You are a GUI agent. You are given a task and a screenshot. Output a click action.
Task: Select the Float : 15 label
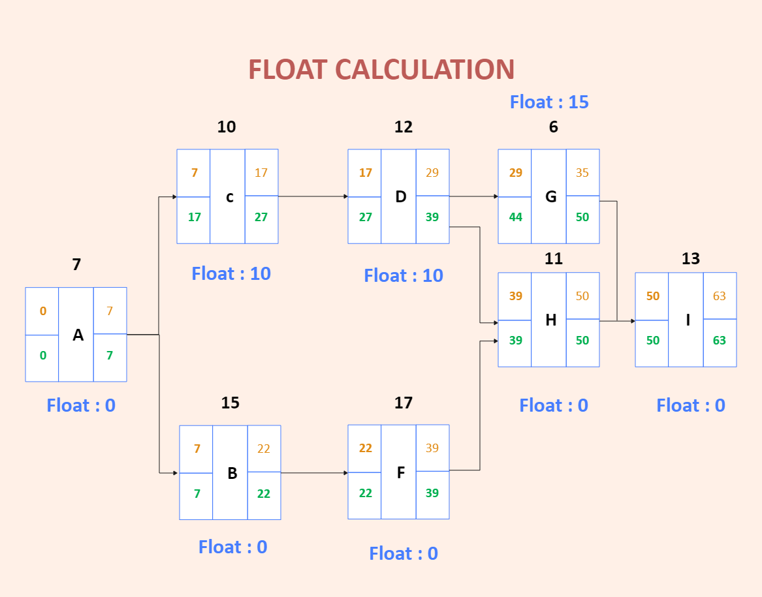[x=549, y=102]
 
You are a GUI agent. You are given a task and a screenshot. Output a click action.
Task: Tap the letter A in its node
[x=78, y=335]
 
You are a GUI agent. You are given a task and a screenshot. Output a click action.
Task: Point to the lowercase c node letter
[x=229, y=196]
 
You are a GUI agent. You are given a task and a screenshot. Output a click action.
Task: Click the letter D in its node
[x=400, y=196]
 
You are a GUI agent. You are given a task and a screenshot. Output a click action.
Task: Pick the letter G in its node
[x=550, y=196]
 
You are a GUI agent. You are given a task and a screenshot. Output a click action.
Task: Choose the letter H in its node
[x=550, y=320]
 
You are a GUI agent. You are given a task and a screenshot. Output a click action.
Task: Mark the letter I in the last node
[x=688, y=320]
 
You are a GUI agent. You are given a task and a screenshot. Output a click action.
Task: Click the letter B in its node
[x=232, y=473]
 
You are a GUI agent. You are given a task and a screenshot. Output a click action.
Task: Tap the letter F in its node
[x=400, y=472]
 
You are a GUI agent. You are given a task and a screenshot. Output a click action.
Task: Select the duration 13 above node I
[x=690, y=259]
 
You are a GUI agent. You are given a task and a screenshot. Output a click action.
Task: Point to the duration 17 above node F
[x=403, y=403]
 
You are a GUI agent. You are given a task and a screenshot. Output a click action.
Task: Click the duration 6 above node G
[x=553, y=127]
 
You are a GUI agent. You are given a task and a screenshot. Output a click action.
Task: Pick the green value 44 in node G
[x=515, y=217]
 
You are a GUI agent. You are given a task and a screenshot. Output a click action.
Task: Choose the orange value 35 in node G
[x=582, y=173]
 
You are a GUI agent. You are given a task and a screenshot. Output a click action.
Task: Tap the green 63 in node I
[x=719, y=341]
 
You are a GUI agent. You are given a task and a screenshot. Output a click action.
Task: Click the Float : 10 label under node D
[x=404, y=275]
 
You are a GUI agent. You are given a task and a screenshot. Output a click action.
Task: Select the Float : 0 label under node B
[x=232, y=547]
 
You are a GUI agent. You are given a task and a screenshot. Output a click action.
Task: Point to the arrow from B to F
[x=314, y=472]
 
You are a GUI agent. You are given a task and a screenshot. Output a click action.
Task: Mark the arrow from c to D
[x=313, y=196]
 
